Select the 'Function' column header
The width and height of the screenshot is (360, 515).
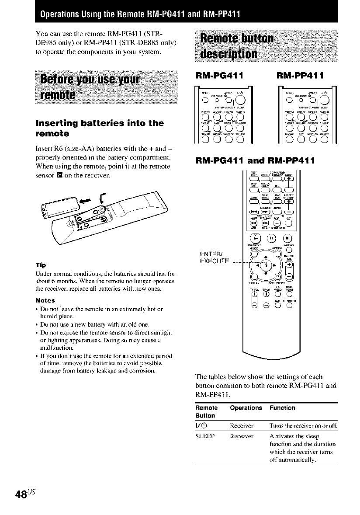click(282, 408)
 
